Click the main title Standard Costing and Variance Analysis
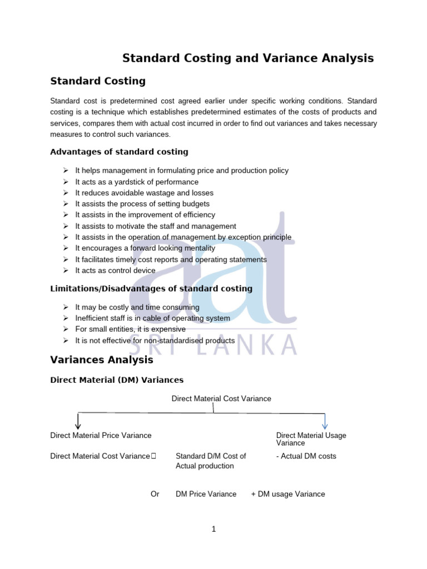coord(248,58)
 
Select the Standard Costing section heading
coord(98,81)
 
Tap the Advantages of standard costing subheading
coord(119,152)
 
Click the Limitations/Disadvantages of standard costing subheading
coord(151,288)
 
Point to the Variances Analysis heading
coord(102,360)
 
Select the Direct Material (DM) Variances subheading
coord(117,380)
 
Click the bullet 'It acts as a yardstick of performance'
coord(137,182)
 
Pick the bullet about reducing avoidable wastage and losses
coord(144,193)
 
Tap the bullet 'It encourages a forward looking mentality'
coord(145,248)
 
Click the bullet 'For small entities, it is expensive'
coord(130,329)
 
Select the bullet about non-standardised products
coord(155,340)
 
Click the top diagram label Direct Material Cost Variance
coord(221,398)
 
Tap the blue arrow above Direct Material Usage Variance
coord(325,421)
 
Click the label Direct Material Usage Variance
coord(311,439)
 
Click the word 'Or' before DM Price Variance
coord(155,494)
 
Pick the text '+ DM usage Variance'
coord(288,494)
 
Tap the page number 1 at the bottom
coord(213,529)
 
